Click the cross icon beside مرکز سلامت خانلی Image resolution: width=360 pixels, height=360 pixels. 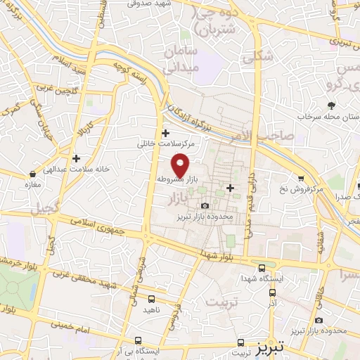[x=165, y=133]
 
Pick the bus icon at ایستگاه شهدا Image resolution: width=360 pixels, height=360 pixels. [x=262, y=267]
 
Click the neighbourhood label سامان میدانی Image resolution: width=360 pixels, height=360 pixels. [x=183, y=60]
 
